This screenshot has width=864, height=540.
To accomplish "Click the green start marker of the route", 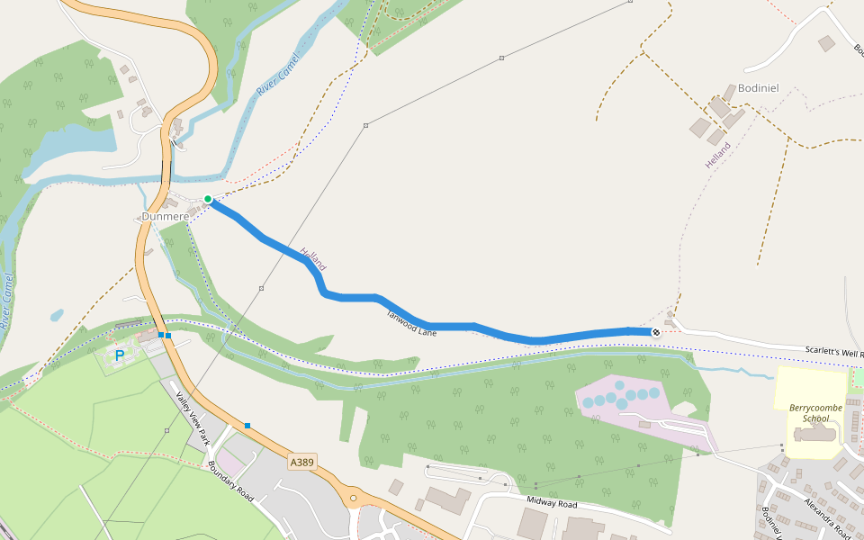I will pyautogui.click(x=208, y=199).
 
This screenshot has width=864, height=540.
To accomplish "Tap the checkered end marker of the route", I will pyautogui.click(x=656, y=332).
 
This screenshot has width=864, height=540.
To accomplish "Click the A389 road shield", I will pyautogui.click(x=302, y=462).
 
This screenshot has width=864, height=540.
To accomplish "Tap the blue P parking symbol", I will pyautogui.click(x=119, y=356).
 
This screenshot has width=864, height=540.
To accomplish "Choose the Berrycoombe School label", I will pyautogui.click(x=808, y=413).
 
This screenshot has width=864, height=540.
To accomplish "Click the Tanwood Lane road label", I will pyautogui.click(x=411, y=323).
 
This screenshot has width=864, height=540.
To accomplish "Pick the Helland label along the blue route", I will pyautogui.click(x=313, y=259).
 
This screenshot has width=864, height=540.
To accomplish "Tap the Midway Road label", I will pyautogui.click(x=553, y=504).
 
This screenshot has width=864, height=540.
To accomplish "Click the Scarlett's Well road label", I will pyautogui.click(x=827, y=351).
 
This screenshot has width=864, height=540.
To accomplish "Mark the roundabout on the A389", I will pyautogui.click(x=354, y=498).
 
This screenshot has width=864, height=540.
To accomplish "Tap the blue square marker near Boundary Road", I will pyautogui.click(x=247, y=425).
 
